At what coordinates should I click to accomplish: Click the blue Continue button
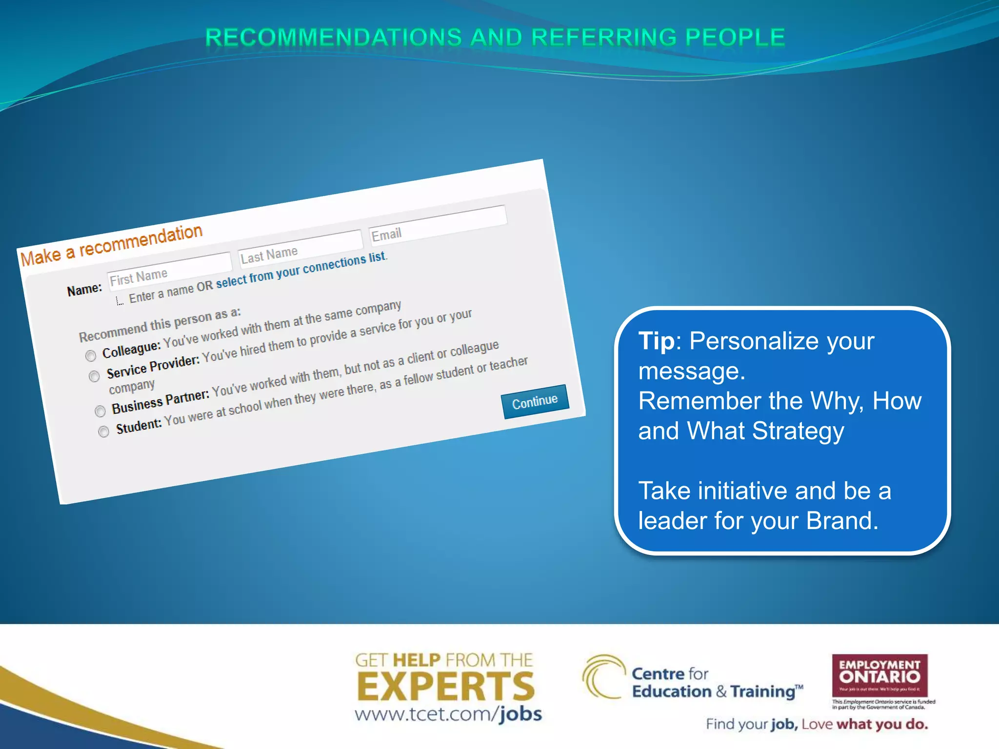535,402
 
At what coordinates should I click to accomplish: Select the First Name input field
169,271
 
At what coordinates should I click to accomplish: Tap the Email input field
438,223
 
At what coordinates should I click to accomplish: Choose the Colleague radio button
91,356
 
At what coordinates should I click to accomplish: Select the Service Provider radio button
95,376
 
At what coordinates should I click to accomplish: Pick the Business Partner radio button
100,411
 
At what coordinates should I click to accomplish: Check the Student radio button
103,432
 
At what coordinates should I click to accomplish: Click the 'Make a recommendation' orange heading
111,245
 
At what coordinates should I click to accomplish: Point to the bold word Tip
657,341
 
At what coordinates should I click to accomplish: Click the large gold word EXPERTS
446,687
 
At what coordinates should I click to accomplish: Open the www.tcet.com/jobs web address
448,714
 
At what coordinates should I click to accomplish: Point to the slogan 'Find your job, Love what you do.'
817,725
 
